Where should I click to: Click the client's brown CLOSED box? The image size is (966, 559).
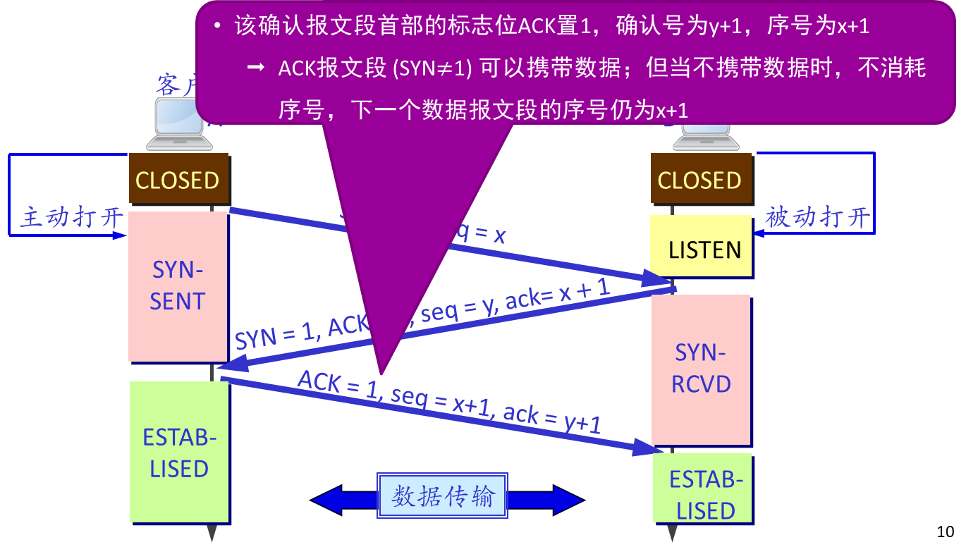[178, 180]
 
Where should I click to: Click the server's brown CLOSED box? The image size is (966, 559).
[700, 180]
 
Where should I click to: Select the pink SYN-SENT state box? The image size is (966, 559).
[178, 286]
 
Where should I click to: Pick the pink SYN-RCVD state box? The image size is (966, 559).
[700, 369]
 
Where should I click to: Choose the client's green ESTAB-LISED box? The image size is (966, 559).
[179, 452]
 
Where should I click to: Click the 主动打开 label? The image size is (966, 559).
[71, 217]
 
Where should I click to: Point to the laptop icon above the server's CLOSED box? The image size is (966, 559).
[705, 137]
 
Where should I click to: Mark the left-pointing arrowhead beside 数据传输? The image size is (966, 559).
[328, 500]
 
